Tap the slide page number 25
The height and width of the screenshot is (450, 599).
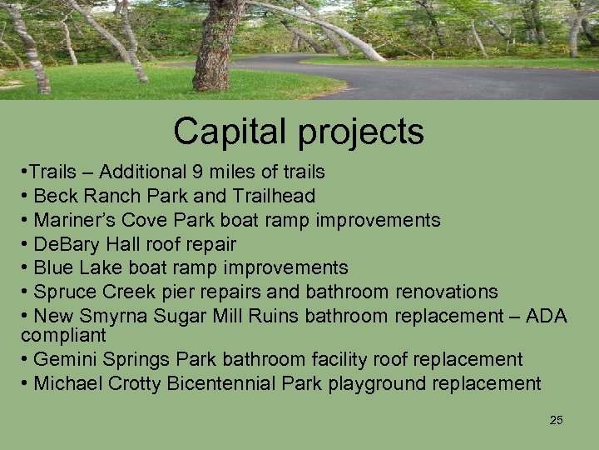tap(557, 420)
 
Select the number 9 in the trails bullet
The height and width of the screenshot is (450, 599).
tap(196, 172)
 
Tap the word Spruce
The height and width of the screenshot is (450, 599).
tap(67, 292)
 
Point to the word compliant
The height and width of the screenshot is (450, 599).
tap(63, 336)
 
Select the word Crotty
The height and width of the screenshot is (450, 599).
tap(135, 384)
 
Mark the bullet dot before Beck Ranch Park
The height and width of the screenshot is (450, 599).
tap(24, 197)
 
